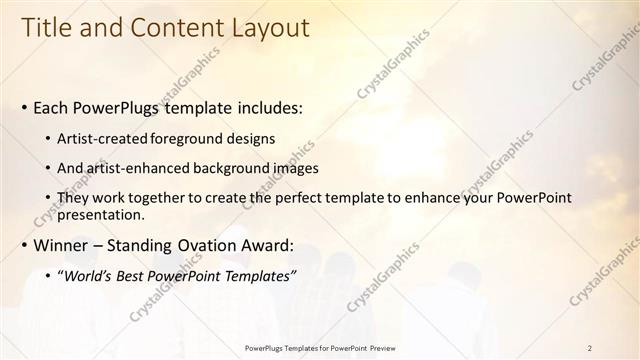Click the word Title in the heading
[47, 29]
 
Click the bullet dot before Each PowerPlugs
[25, 106]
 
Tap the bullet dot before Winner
[25, 245]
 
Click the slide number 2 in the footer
[590, 348]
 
